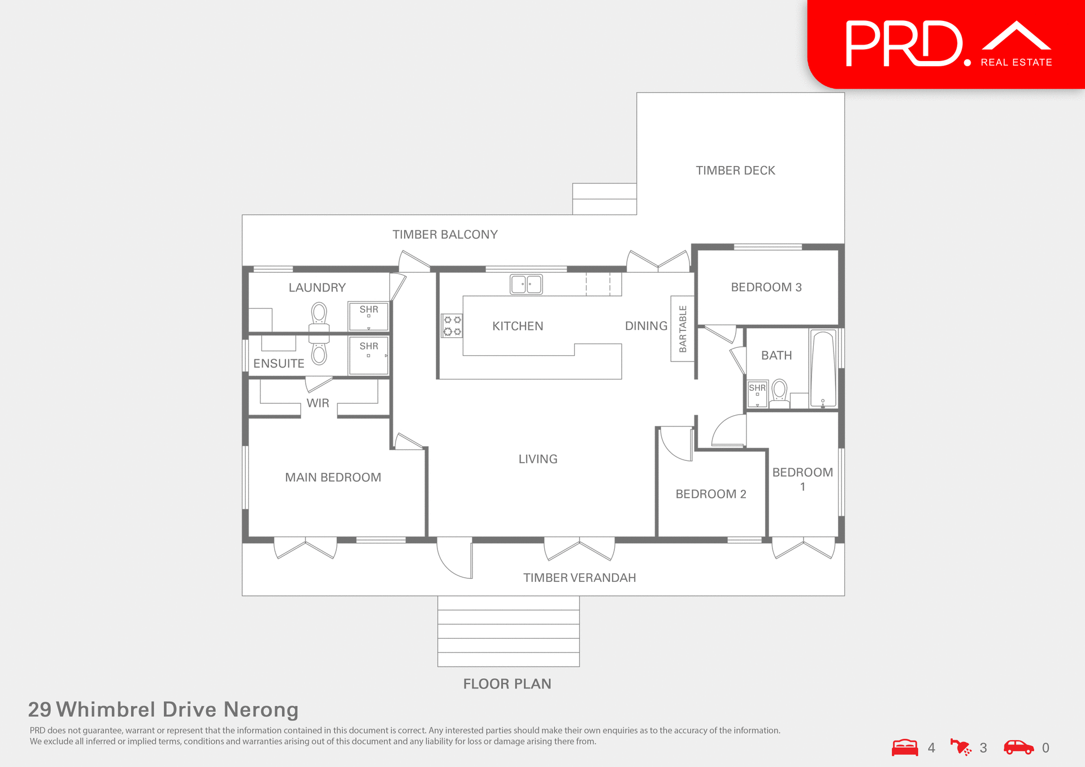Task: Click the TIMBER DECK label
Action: [735, 171]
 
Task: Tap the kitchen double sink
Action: [526, 284]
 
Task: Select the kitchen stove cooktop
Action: [452, 326]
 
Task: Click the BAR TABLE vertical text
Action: [683, 329]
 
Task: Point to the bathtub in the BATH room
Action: [823, 368]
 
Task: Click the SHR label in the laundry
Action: [368, 310]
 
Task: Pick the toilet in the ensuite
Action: [319, 353]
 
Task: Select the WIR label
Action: [318, 403]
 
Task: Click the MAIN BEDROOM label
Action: [333, 477]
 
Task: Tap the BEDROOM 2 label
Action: [711, 494]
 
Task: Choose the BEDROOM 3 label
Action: [766, 287]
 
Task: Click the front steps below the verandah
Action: [508, 631]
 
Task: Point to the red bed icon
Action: [905, 747]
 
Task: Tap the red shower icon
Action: [961, 747]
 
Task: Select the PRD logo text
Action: [904, 44]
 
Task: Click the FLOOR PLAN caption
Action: [507, 684]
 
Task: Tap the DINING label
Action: [646, 326]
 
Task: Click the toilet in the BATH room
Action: [779, 392]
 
